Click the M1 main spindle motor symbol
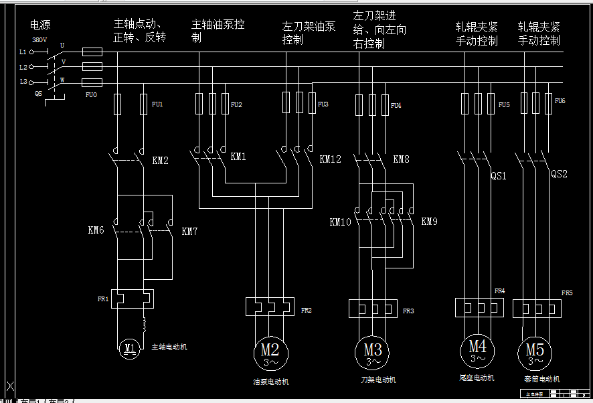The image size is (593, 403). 129,347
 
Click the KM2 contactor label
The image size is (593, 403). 161,161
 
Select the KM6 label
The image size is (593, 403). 96,230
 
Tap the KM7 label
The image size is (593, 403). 189,232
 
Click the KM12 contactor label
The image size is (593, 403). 330,159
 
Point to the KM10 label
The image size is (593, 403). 340,222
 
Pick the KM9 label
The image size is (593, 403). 429,221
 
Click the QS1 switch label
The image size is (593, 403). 499,176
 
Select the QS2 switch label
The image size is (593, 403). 559,173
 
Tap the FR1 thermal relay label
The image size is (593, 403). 102,299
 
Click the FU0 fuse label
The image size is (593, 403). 91,95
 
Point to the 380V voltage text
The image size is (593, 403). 39,40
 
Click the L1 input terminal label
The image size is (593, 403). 23,52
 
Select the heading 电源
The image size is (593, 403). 40,25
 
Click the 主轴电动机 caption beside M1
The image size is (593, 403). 169,347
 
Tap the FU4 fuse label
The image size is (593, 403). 396,105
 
